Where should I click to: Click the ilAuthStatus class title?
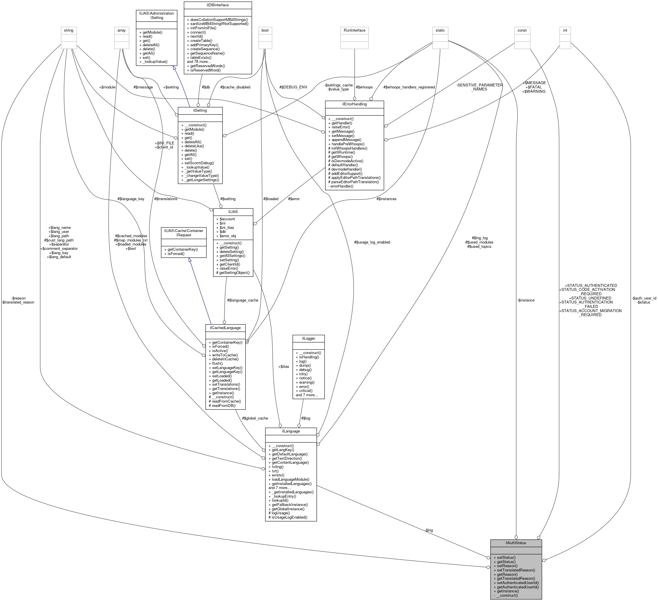coord(516,543)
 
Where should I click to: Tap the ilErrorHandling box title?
coord(354,104)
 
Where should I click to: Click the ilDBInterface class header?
coord(217,5)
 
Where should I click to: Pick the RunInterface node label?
coord(354,30)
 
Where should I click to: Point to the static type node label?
coord(440,30)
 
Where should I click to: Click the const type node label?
coord(522,30)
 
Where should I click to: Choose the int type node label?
coord(565,30)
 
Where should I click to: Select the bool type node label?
coord(265,30)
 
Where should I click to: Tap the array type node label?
coord(121,30)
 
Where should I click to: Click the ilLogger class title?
coord(308,338)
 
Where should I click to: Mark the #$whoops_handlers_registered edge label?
coord(409,87)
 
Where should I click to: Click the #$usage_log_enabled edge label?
coord(372,242)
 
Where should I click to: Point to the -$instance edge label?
coord(526,300)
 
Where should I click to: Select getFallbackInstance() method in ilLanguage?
coord(288,505)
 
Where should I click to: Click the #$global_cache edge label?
coord(255,418)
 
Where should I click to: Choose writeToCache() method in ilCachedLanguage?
coord(225,355)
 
